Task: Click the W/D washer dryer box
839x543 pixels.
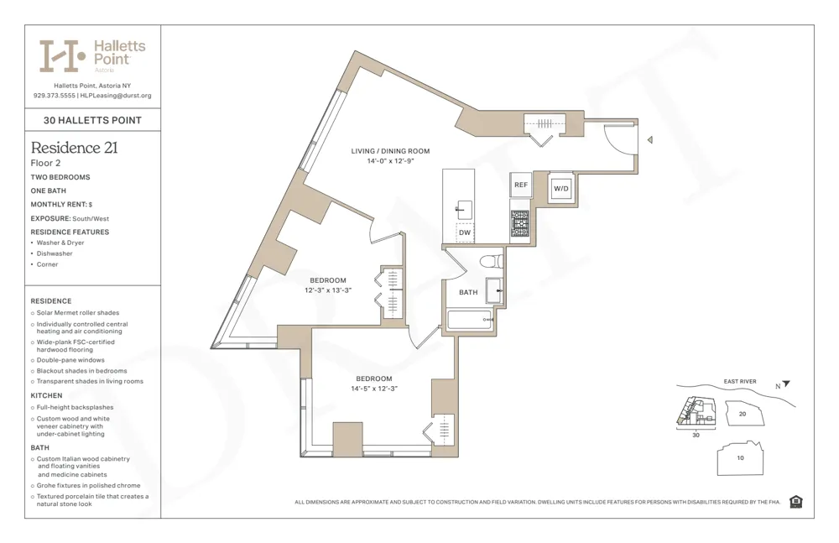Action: (560, 189)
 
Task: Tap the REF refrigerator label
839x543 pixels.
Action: (520, 185)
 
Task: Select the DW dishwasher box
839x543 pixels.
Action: (464, 232)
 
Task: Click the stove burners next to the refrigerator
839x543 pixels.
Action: (520, 222)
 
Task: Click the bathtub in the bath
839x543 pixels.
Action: (469, 320)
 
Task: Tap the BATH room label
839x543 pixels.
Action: (468, 292)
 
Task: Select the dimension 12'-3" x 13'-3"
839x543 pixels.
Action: (327, 290)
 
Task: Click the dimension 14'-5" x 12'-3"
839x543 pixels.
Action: (373, 389)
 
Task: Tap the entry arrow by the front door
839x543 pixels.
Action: (649, 141)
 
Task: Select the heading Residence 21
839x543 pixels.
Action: (74, 148)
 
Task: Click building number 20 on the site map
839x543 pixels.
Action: (742, 414)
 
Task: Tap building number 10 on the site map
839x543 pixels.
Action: (740, 457)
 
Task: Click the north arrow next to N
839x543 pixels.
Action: (787, 384)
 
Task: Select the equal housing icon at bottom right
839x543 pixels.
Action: (795, 502)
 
